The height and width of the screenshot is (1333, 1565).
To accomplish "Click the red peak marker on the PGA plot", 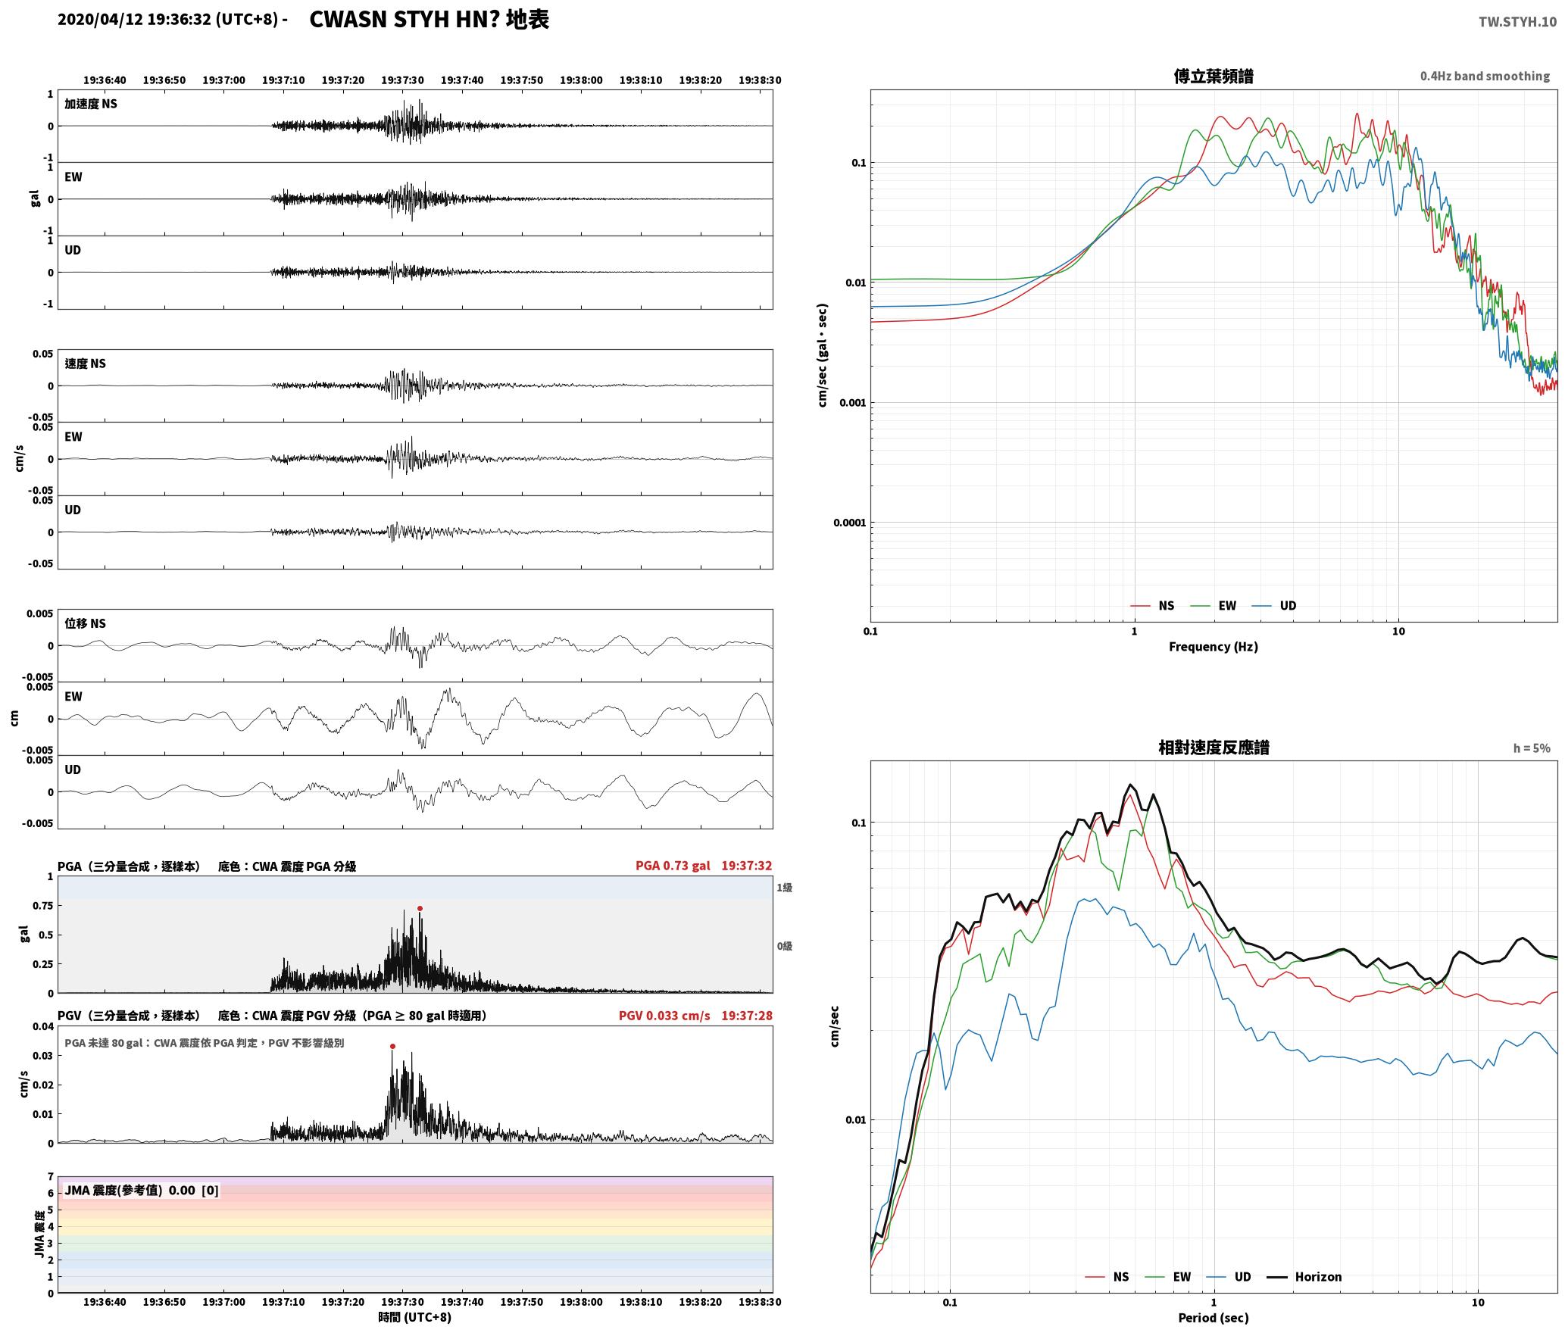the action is click(420, 908).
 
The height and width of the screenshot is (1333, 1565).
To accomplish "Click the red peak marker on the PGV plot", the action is click(392, 1046).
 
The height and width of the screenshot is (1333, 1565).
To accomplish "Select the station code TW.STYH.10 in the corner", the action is click(1517, 21).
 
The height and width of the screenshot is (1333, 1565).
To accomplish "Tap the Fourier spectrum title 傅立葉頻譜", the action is click(1213, 76).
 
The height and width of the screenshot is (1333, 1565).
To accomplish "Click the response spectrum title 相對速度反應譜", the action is click(1214, 748).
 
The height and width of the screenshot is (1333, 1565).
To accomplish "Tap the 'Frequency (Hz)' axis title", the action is click(1213, 646).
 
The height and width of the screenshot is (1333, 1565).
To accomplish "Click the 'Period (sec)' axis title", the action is click(1213, 1318).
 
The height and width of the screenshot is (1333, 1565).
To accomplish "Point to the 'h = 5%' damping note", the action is click(1532, 748).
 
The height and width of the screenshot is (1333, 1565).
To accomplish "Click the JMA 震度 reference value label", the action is click(142, 1190).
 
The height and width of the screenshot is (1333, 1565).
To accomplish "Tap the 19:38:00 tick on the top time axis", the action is click(581, 80).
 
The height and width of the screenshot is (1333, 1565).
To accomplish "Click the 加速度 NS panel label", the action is click(91, 104).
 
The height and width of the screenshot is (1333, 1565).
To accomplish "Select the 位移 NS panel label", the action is click(85, 623).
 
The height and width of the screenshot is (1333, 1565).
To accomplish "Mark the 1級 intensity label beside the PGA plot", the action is click(784, 887).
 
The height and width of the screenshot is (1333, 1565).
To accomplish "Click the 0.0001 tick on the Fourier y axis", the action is click(849, 523).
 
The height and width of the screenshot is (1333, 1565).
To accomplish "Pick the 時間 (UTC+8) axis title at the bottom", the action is click(414, 1317).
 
